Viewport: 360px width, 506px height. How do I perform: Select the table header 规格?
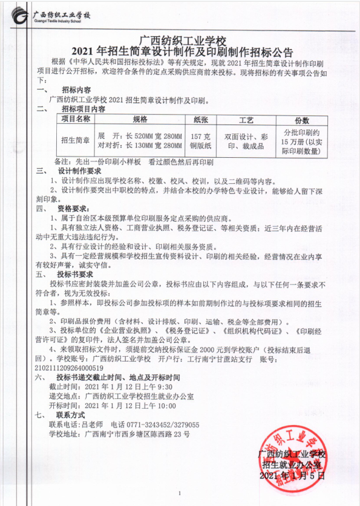(140, 120)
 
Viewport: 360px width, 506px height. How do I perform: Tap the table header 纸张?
(200, 120)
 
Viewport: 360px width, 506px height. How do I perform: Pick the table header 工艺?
(246, 120)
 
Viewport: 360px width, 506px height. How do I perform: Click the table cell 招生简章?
(76, 140)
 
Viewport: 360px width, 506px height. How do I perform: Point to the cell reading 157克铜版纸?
(200, 141)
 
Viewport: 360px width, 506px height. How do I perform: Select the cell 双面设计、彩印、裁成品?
(246, 141)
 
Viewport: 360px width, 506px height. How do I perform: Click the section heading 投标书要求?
(76, 273)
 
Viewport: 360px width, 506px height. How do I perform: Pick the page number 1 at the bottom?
(180, 491)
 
